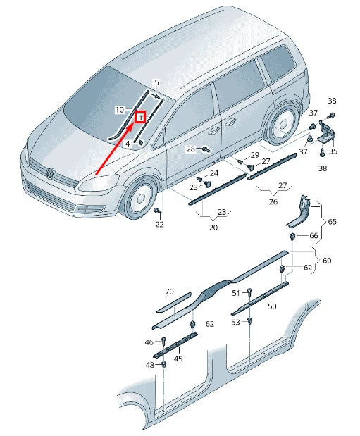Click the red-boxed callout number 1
point(140,118)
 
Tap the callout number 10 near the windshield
point(120,110)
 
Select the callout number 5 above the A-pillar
point(156,83)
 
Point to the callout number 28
point(190,149)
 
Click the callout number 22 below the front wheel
point(159,224)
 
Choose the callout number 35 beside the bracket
point(333,151)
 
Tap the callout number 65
point(332,222)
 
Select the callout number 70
point(169,292)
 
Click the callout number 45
point(178,358)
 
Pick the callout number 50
point(271,307)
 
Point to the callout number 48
point(149,365)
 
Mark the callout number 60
point(326,261)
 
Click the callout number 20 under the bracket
point(213,228)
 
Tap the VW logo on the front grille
point(50,172)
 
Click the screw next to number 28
point(205,149)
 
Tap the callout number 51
point(237,292)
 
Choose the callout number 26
point(273,201)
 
